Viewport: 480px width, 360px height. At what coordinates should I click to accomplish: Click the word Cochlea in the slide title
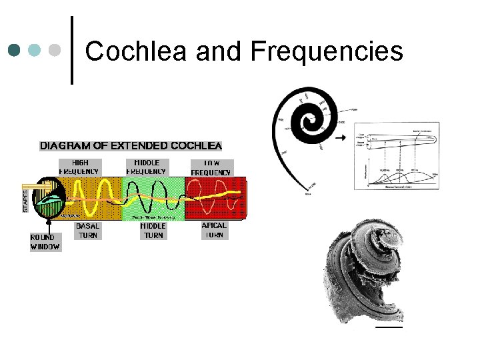(x=133, y=51)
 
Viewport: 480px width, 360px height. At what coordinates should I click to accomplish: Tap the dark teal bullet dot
(x=15, y=50)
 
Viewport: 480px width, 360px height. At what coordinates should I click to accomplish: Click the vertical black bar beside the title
(x=72, y=49)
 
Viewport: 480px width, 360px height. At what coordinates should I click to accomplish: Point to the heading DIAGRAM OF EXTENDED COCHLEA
(x=131, y=145)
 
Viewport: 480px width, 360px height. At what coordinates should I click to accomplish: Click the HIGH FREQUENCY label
(x=79, y=167)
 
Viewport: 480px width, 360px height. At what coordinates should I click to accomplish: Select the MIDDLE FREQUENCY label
(x=147, y=167)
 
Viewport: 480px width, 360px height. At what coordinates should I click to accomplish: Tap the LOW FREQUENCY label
(x=211, y=168)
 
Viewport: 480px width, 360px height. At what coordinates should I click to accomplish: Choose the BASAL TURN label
(x=88, y=231)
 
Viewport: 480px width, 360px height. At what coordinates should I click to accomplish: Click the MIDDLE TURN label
(x=153, y=231)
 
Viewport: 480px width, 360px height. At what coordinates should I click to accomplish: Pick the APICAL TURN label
(x=214, y=230)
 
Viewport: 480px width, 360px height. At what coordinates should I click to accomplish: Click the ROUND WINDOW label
(x=45, y=242)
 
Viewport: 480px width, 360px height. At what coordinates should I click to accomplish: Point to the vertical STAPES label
(x=26, y=199)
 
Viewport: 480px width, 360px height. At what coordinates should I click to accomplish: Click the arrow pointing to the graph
(x=341, y=138)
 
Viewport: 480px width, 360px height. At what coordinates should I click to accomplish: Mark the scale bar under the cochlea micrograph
(x=389, y=327)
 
